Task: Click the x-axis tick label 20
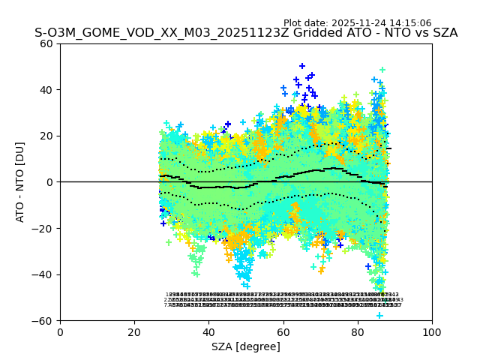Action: click(134, 331)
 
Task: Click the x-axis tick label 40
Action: click(208, 331)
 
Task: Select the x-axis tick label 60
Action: click(283, 331)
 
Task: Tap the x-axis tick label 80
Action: click(358, 331)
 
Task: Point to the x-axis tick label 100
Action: click(432, 331)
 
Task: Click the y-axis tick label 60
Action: click(46, 43)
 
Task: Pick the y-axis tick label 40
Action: click(46, 90)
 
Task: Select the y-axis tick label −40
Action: click(43, 274)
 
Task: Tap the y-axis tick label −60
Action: click(43, 321)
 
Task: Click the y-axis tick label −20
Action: click(43, 229)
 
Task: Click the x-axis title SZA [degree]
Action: click(246, 346)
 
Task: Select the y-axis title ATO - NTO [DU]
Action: click(20, 182)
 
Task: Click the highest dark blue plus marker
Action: click(302, 66)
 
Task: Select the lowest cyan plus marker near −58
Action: click(379, 315)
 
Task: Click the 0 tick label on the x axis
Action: click(60, 331)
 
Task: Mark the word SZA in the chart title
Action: click(442, 33)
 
